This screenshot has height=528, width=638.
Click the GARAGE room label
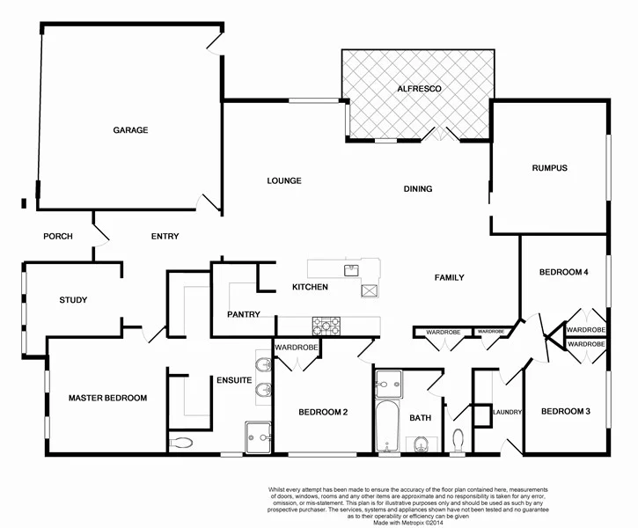[x=130, y=130]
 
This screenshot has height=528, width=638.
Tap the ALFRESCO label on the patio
[x=418, y=90]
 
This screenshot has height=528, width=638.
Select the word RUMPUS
[x=549, y=168]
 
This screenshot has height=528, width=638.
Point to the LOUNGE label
[x=284, y=181]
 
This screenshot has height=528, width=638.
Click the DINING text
[x=418, y=189]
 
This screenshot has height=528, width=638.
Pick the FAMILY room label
[x=449, y=278]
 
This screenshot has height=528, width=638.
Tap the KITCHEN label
[x=310, y=288]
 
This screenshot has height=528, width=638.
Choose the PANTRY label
[x=244, y=314]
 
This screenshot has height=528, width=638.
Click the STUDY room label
[x=73, y=300]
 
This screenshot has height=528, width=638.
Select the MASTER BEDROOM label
[x=107, y=398]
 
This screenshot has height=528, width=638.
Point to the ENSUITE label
[x=235, y=381]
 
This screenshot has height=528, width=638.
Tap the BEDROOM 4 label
[x=563, y=273]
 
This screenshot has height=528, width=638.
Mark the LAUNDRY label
[x=509, y=412]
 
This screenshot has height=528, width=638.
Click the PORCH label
[x=57, y=236]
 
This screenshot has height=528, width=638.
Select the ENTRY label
[x=165, y=236]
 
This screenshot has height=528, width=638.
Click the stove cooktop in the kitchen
[x=326, y=326]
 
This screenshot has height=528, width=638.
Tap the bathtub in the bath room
[x=386, y=427]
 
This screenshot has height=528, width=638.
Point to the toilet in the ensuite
[x=181, y=443]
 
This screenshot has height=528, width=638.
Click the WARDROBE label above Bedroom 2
[x=296, y=348]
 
